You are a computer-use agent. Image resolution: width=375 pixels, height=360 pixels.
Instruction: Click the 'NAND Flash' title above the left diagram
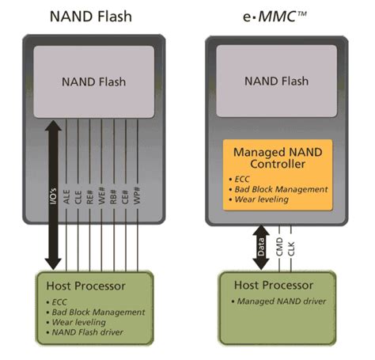(x=93, y=16)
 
